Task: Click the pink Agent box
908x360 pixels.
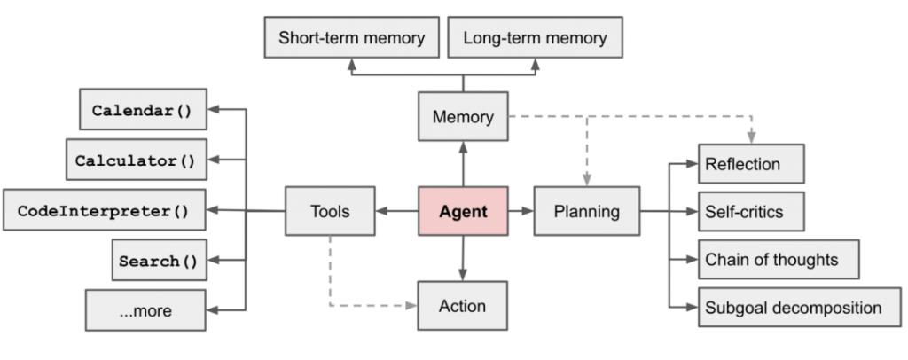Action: click(x=463, y=211)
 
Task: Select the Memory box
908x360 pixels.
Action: click(x=463, y=116)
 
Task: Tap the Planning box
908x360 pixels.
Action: click(x=586, y=211)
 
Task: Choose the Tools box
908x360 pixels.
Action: click(x=330, y=211)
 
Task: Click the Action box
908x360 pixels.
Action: click(x=463, y=306)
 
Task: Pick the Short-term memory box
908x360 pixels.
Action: click(x=352, y=38)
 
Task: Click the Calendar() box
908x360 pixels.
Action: click(x=143, y=110)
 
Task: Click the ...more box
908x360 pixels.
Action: click(x=146, y=310)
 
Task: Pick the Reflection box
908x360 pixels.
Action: click(x=751, y=164)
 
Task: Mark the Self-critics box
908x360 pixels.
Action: click(x=751, y=212)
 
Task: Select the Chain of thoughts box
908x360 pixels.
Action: click(x=779, y=259)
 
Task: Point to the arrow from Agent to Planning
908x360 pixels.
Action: click(x=521, y=211)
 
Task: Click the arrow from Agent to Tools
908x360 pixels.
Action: click(x=396, y=211)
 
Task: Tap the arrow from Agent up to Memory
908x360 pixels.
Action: click(x=463, y=163)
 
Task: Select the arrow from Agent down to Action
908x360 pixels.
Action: click(x=463, y=258)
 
